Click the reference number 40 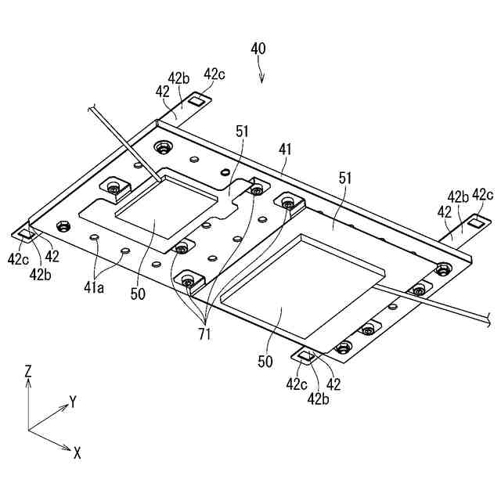click(x=258, y=49)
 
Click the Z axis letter click(x=28, y=371)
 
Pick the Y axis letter click(x=72, y=402)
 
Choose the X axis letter click(x=77, y=452)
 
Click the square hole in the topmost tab click(x=197, y=99)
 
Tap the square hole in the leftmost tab click(x=25, y=234)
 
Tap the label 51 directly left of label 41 click(x=241, y=132)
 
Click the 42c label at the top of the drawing click(x=214, y=74)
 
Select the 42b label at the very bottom click(x=317, y=398)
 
